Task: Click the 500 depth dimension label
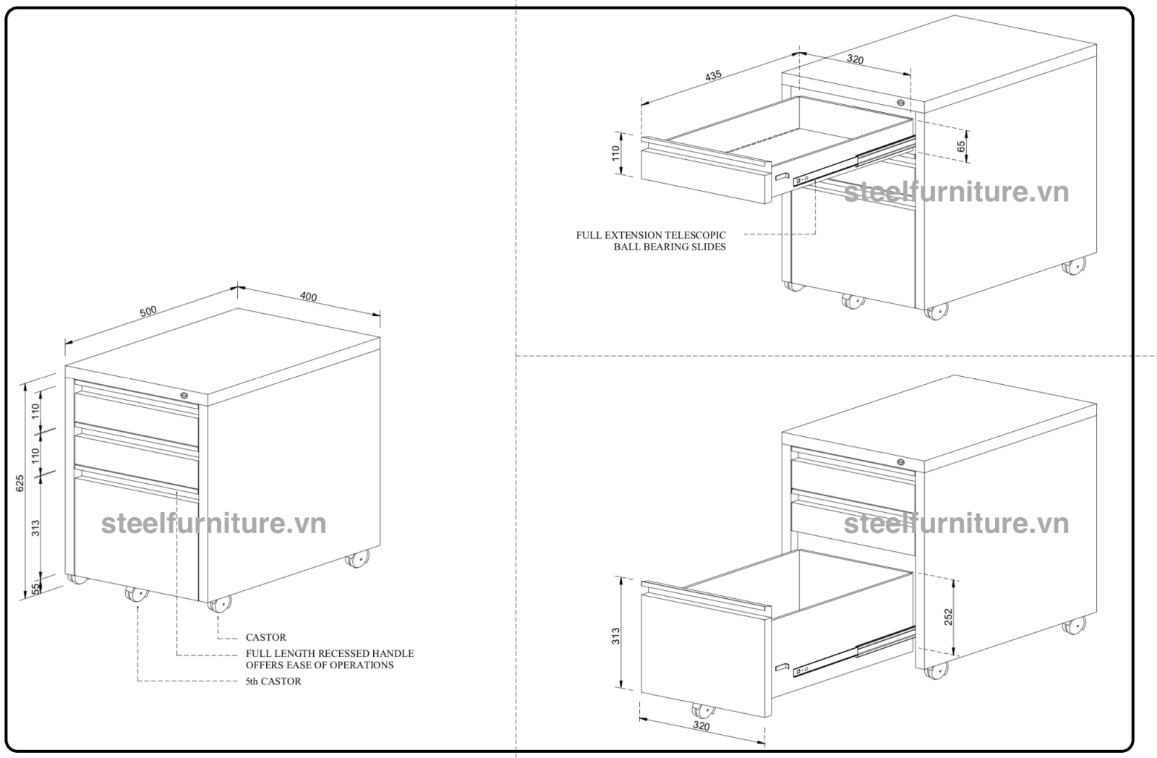point(148,310)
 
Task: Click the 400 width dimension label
point(309,297)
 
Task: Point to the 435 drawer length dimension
point(713,76)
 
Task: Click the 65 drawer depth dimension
point(961,145)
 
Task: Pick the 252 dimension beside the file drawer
point(948,616)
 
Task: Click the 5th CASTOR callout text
point(273,681)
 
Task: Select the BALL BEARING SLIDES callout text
point(670,247)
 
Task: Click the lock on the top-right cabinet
point(901,102)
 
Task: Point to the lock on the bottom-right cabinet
point(901,462)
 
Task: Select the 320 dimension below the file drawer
point(701,726)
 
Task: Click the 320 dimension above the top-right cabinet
point(855,60)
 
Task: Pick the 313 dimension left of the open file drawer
point(615,636)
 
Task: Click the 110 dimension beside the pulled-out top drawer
point(615,154)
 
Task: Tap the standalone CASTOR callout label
point(265,637)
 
